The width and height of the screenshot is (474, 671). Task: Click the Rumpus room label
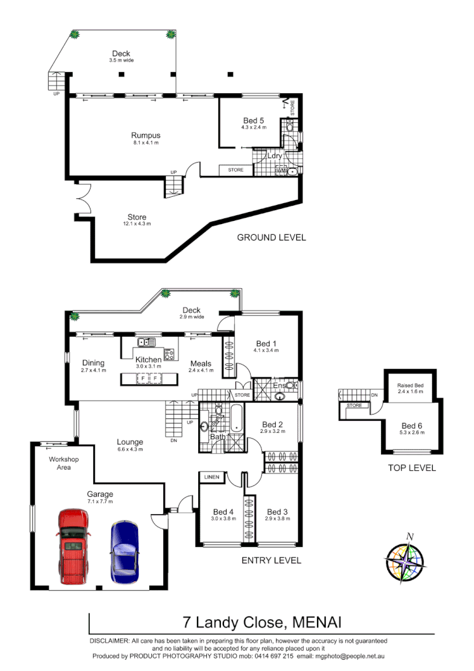(x=146, y=135)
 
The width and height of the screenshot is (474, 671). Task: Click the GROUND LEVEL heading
(x=271, y=237)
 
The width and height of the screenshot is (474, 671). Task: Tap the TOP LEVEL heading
(x=412, y=468)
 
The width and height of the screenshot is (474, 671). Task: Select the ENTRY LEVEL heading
(x=271, y=560)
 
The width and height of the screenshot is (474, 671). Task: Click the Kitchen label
(x=148, y=360)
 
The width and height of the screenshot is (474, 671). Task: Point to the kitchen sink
(x=145, y=342)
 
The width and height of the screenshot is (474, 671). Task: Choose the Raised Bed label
(x=409, y=386)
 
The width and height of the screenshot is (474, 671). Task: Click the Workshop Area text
(x=64, y=463)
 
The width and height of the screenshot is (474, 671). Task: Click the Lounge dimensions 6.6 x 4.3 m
(x=130, y=449)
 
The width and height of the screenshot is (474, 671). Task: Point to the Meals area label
(x=201, y=363)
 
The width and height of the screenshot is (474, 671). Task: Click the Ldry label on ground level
(x=275, y=156)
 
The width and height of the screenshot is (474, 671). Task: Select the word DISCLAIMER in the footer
(x=109, y=641)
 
